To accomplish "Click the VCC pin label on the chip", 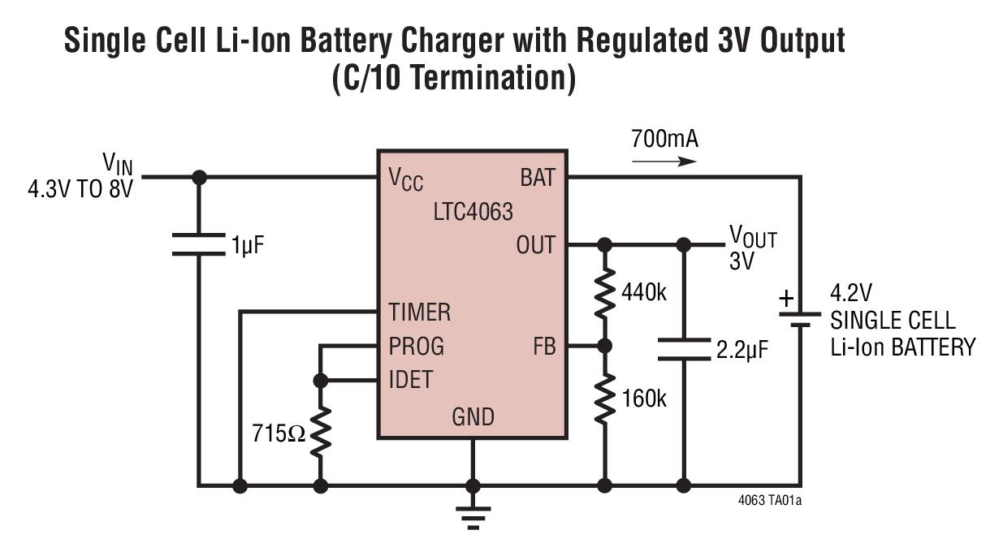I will click(406, 179).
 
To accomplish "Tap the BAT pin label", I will click(537, 178).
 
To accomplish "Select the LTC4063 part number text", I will click(473, 212).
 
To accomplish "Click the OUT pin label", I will click(535, 244).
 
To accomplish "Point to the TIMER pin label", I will click(419, 312).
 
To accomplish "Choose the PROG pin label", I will click(416, 346).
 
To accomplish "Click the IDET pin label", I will click(410, 379).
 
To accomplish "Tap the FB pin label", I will click(544, 347).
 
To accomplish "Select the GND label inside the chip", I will click(473, 417).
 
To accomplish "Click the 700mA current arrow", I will click(664, 161).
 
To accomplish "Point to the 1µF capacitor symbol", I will click(197, 244).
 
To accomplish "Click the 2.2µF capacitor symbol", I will click(684, 349).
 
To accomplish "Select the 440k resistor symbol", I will click(603, 293).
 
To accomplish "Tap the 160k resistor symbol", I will click(603, 399).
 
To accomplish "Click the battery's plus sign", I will click(786, 299).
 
